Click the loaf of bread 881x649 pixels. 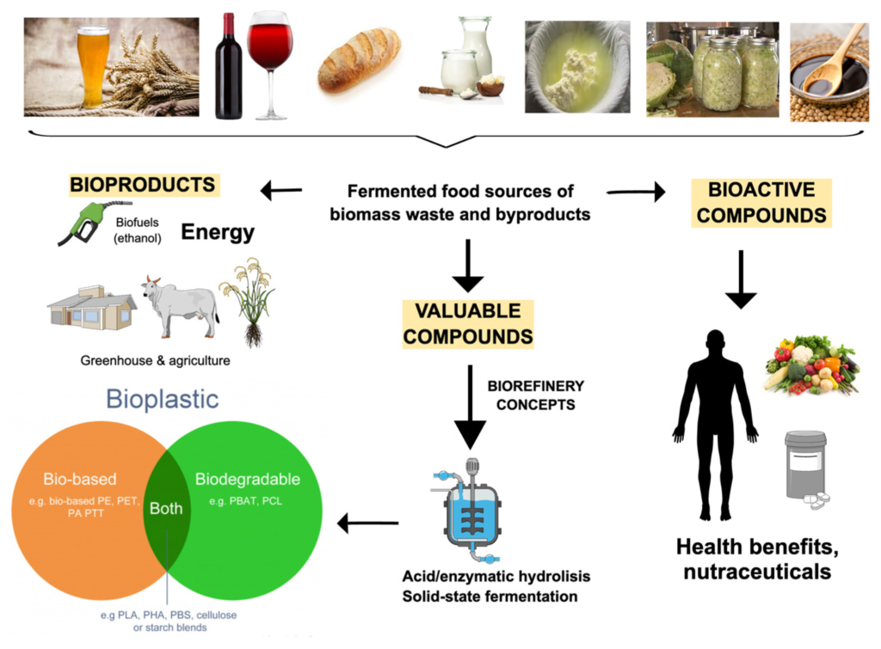pos(359,60)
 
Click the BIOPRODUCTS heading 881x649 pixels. pos(142,185)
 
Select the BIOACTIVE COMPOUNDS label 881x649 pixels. pos(761,202)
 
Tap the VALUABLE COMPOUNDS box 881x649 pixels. pos(468,323)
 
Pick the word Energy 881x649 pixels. pos(218,232)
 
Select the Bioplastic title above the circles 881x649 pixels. pos(162,399)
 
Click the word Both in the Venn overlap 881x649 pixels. pos(166,508)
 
